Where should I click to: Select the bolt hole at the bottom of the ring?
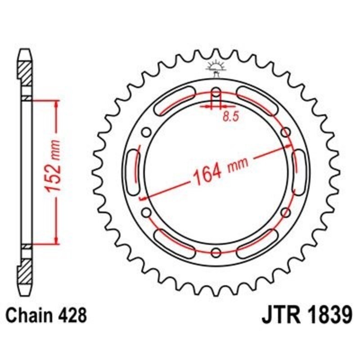tap(215, 251)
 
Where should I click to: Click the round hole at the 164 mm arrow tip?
tap(285, 132)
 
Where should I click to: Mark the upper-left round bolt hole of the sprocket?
tap(145, 132)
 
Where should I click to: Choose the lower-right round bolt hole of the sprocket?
tap(285, 212)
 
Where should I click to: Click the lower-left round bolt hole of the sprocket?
tap(145, 212)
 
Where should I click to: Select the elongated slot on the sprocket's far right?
tap(297, 172)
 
